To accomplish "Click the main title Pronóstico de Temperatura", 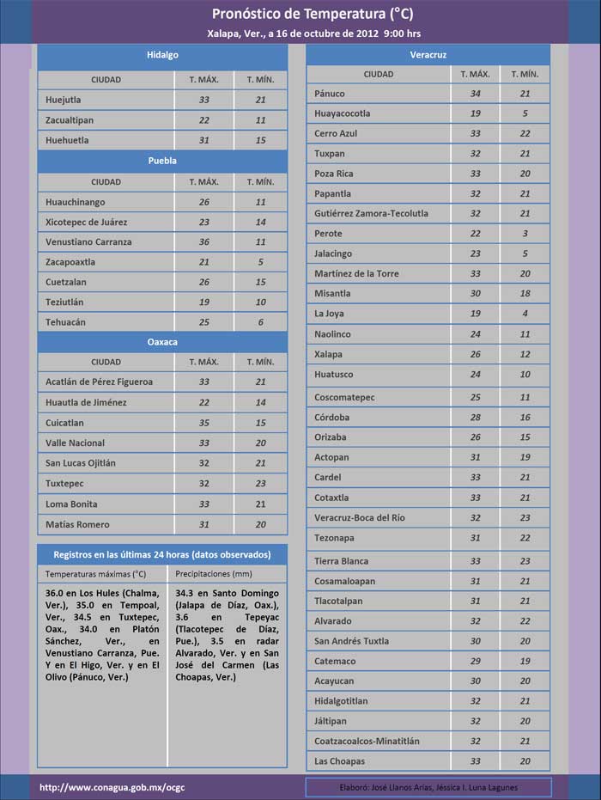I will tap(300, 15).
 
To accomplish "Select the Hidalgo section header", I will tap(161, 55).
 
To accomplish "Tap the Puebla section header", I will tap(161, 160).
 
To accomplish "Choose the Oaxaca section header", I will tap(161, 341).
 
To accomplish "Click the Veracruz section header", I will tap(428, 55).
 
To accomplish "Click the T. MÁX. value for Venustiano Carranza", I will tap(204, 241).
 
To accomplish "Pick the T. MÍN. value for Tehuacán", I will tap(260, 322).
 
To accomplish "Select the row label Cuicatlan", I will tap(70, 423).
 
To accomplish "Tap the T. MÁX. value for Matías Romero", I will tap(204, 524).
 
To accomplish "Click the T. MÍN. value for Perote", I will tap(525, 234).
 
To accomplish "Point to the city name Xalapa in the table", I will tap(329, 354).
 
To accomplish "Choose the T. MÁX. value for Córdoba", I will tap(475, 418).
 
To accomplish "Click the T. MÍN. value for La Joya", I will tap(525, 314).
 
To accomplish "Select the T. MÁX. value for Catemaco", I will tap(475, 661).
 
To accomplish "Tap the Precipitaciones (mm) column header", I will tap(213, 573).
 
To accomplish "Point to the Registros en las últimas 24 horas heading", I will tap(161, 554).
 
